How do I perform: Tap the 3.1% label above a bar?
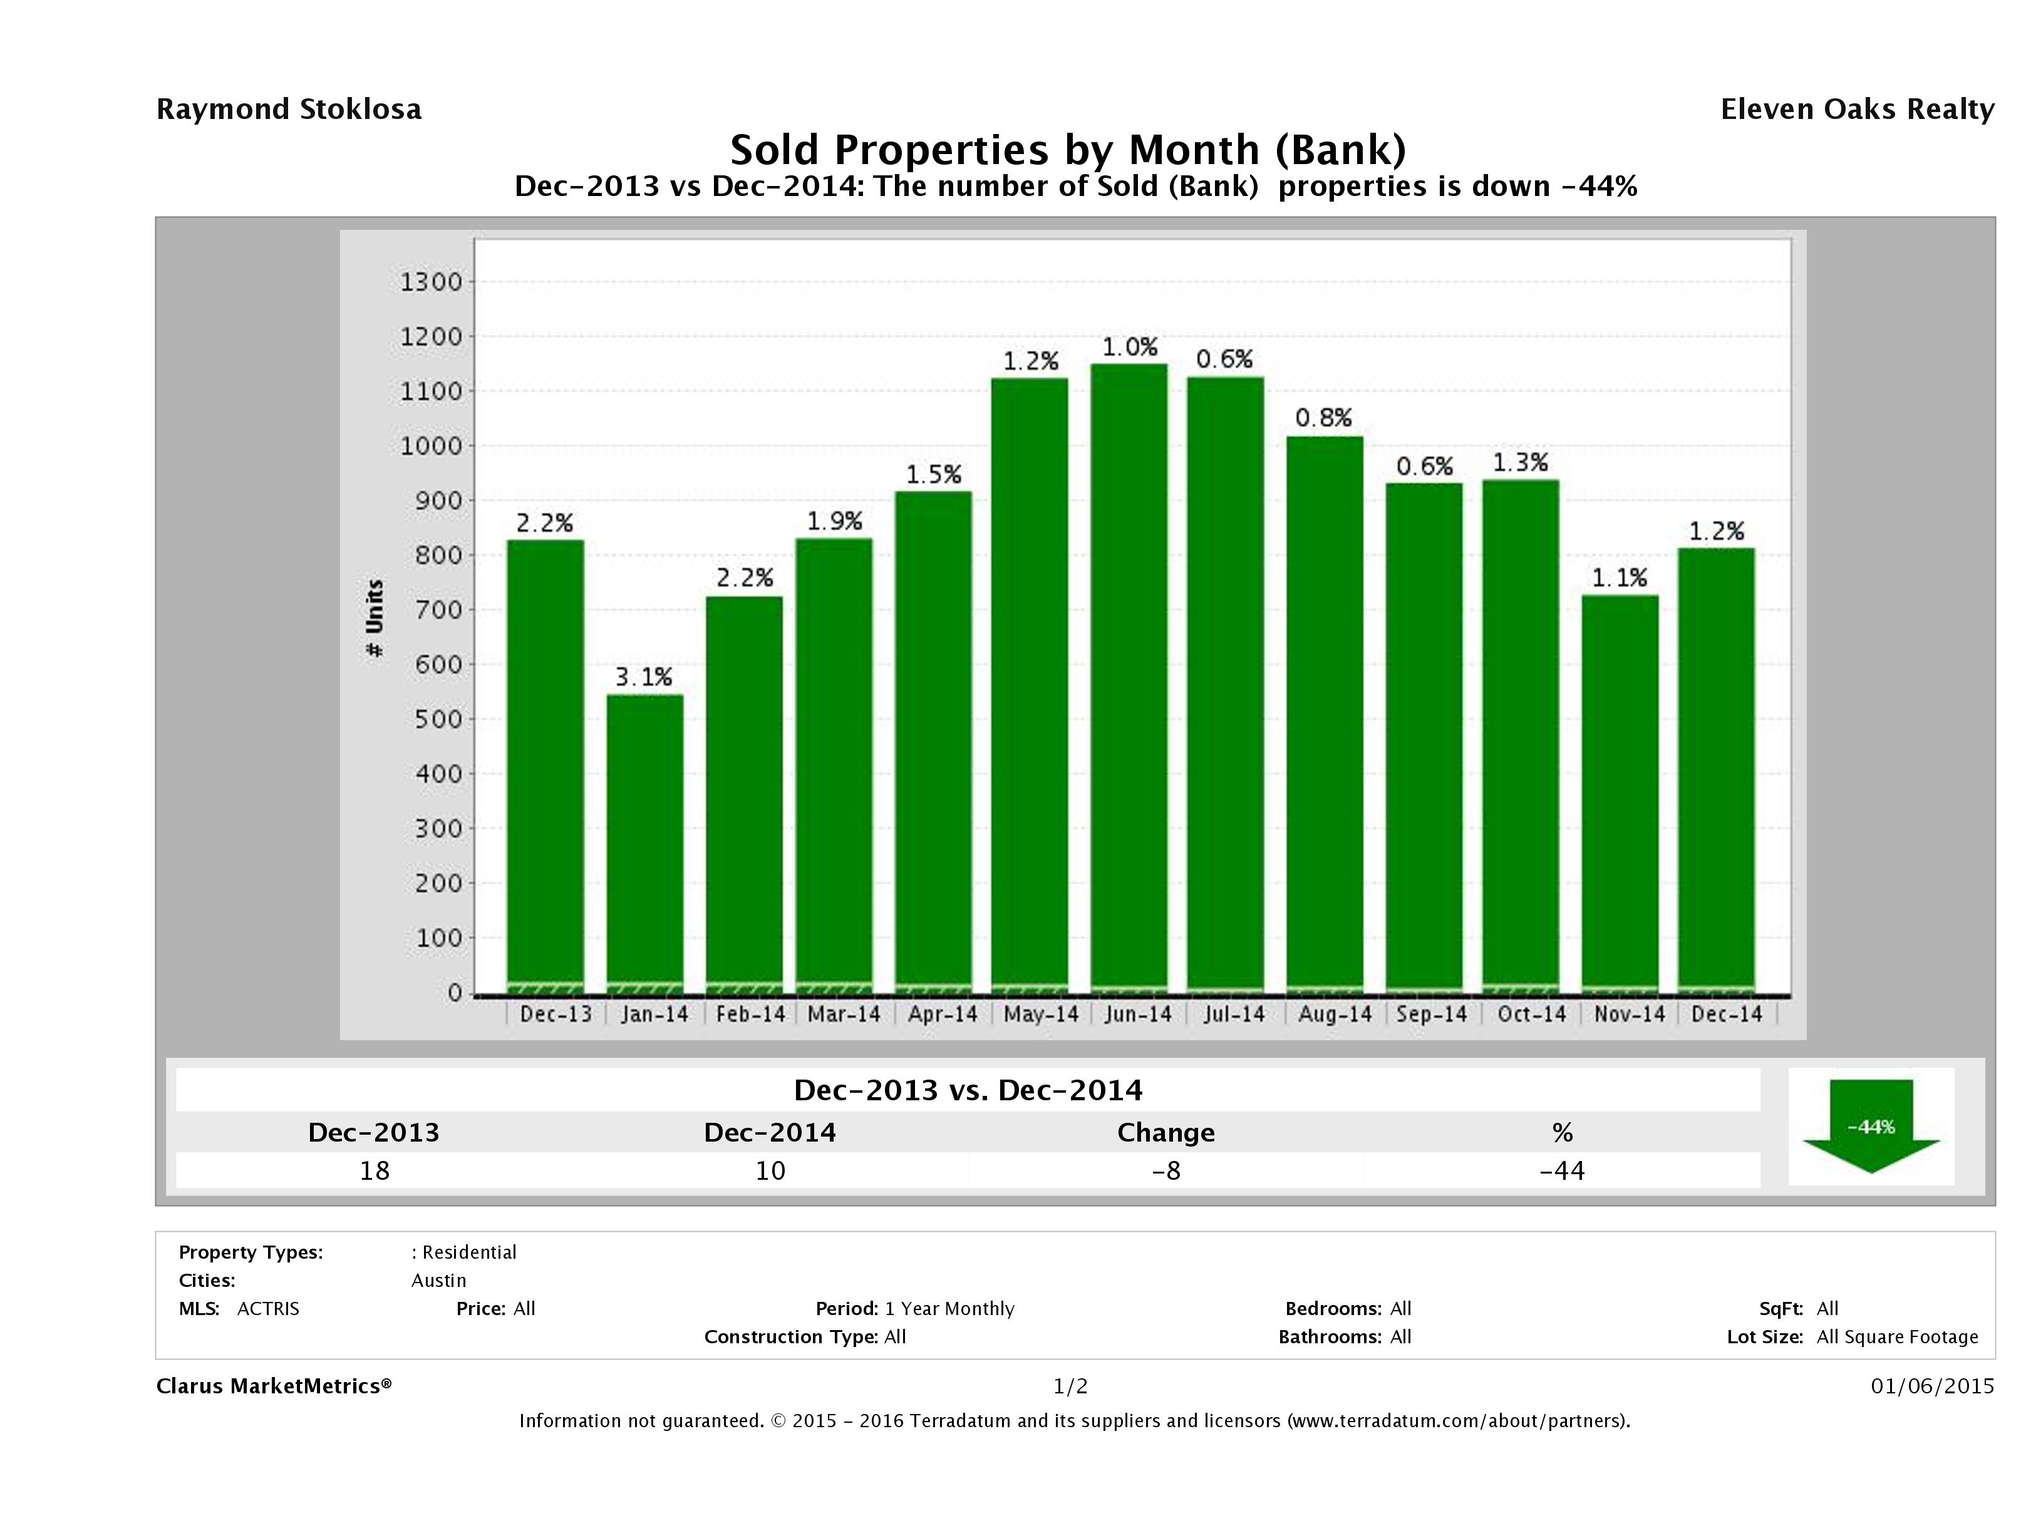coord(643,677)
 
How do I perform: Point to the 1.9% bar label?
coord(834,521)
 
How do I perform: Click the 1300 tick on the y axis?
coord(432,282)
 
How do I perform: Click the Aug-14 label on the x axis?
coord(1334,1014)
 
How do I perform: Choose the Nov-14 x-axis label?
coord(1629,1014)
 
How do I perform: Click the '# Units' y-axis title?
coord(375,619)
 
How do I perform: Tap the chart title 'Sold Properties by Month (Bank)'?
coord(1067,149)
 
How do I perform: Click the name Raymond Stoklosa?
coord(289,110)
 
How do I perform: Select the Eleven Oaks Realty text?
coord(1856,110)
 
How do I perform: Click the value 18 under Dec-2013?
coord(375,1170)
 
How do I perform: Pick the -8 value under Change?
coord(1166,1170)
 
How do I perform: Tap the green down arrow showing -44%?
coord(1870,1127)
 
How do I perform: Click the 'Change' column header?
coord(1166,1133)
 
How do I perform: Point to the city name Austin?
coord(438,1281)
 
